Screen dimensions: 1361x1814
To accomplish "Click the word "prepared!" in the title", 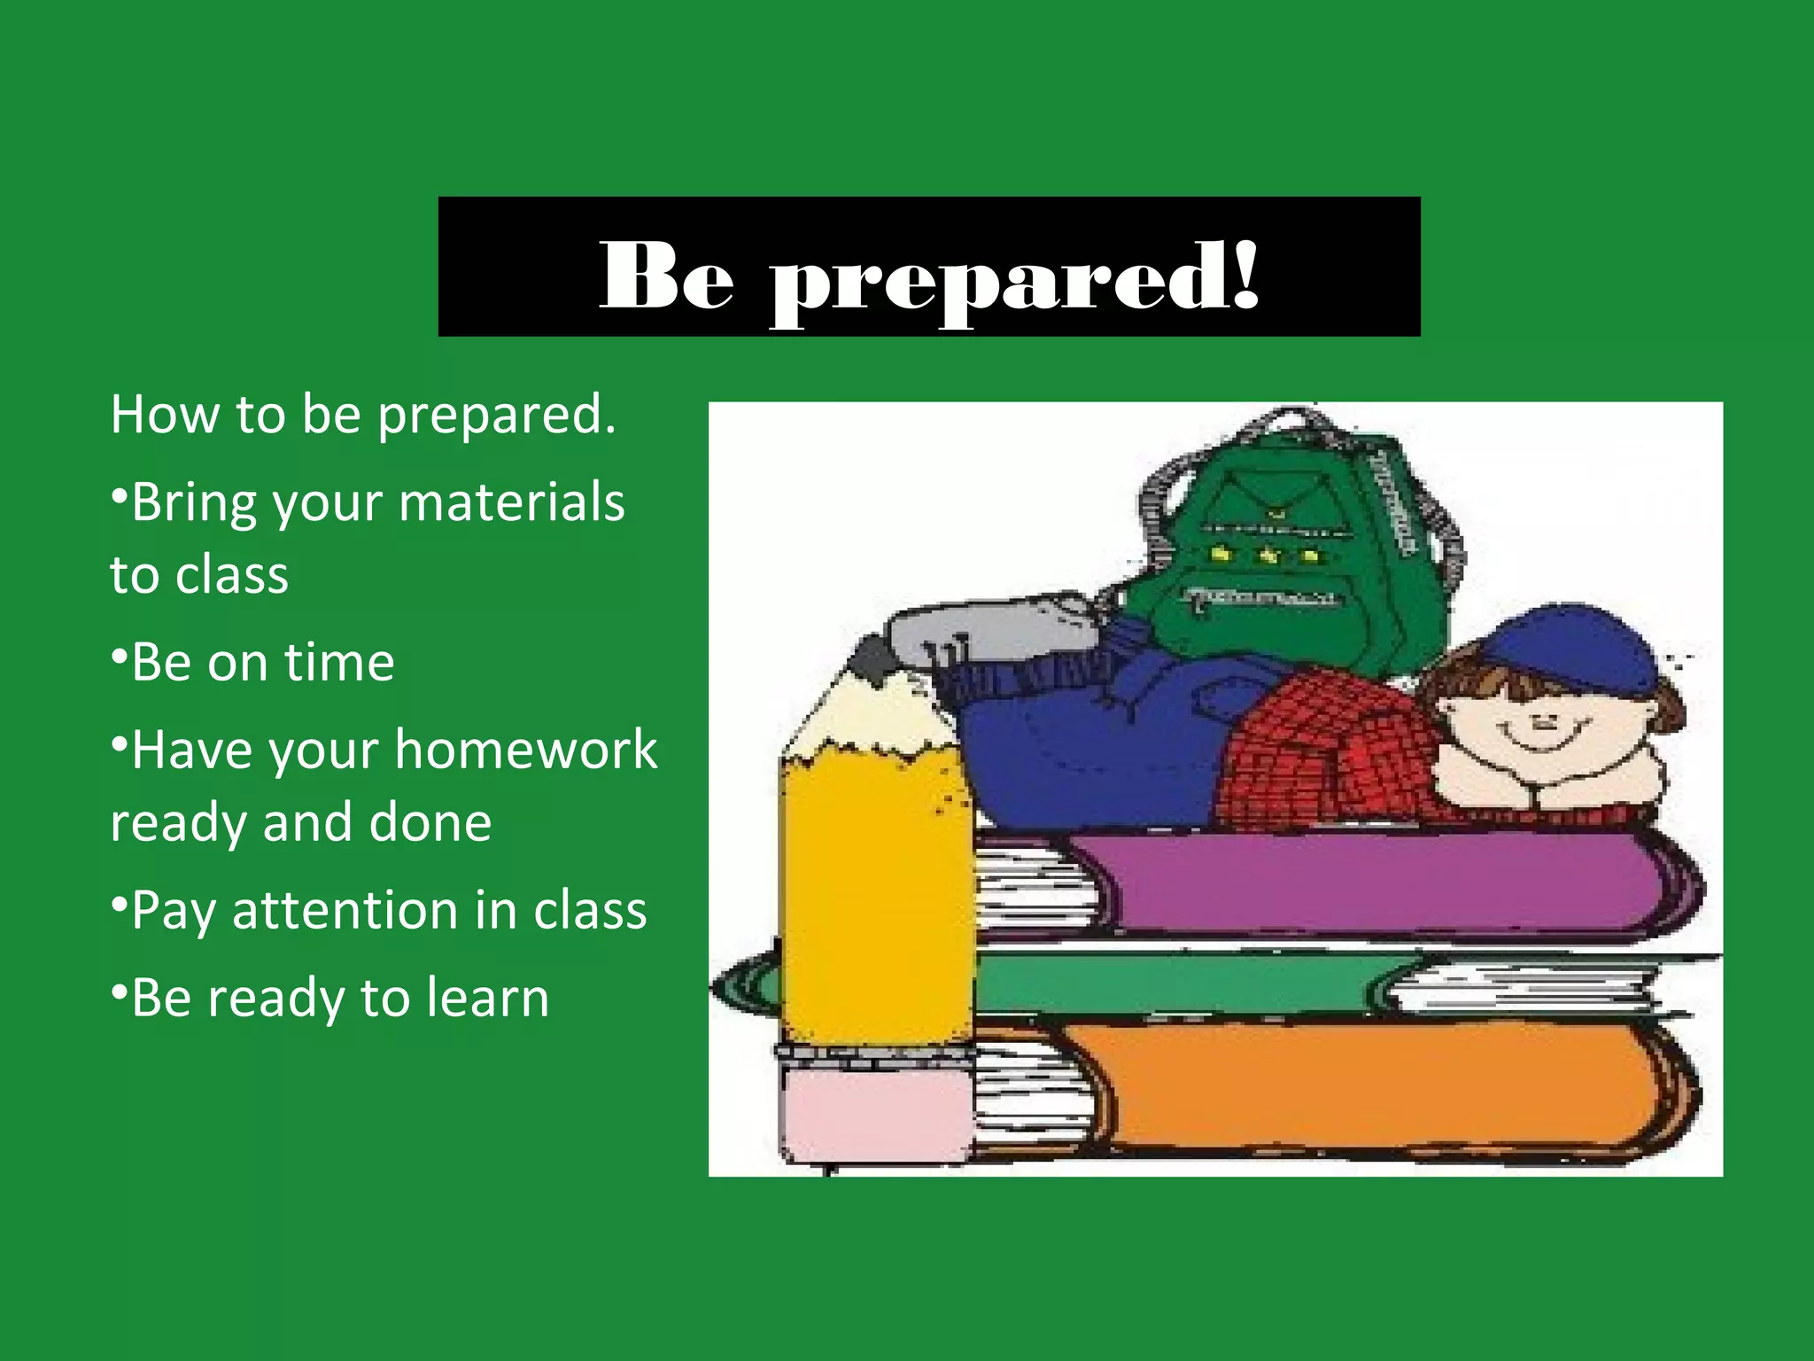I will (1014, 278).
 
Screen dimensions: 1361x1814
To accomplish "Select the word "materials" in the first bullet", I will (512, 502).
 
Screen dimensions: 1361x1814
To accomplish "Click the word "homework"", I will (526, 750).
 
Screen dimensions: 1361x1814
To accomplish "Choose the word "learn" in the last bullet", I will (487, 998).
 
